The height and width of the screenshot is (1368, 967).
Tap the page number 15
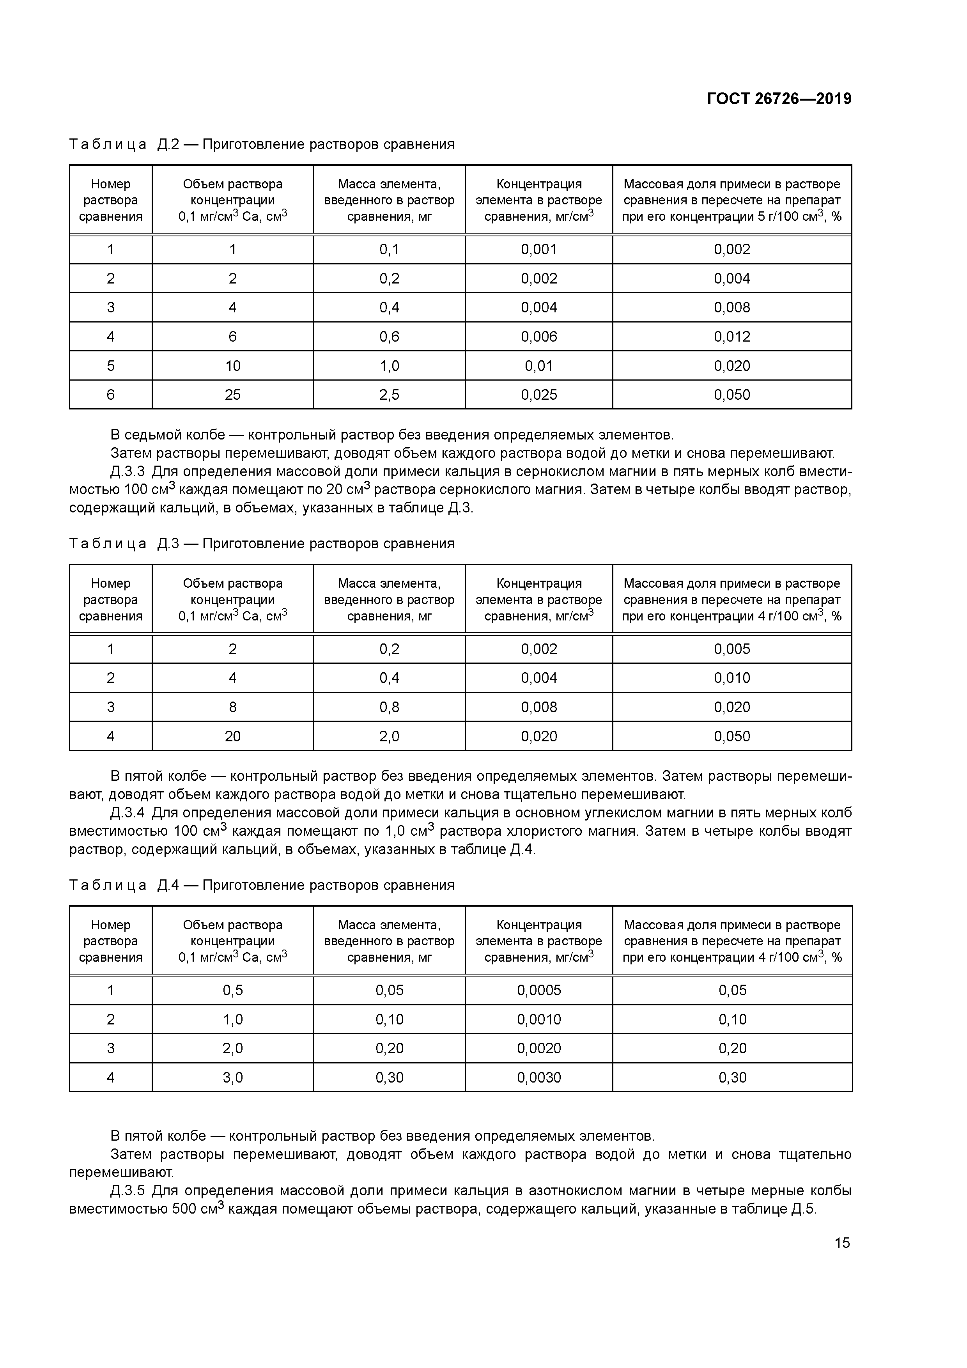click(842, 1243)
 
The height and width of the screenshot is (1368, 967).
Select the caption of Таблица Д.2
click(262, 144)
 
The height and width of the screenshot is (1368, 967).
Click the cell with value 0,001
click(538, 250)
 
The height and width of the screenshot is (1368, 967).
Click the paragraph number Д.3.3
click(128, 472)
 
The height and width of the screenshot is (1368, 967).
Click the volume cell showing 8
click(232, 707)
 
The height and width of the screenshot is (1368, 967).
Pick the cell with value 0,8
click(389, 707)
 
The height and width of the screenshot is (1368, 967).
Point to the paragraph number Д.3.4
click(128, 813)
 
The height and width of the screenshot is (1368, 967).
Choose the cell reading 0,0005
click(538, 990)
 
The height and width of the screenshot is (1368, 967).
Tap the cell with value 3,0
click(232, 1077)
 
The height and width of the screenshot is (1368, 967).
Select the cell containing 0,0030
click(538, 1077)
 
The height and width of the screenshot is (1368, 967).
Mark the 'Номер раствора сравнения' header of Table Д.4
click(111, 941)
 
